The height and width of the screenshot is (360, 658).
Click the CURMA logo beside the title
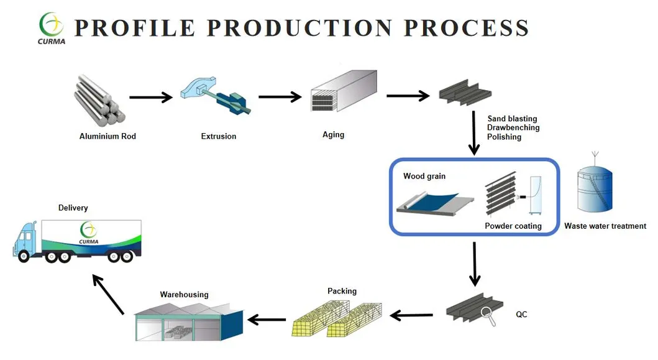tap(52, 27)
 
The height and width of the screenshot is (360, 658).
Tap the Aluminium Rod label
tap(107, 136)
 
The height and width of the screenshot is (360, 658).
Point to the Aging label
tap(333, 135)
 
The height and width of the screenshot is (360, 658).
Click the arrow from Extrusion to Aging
tap(280, 97)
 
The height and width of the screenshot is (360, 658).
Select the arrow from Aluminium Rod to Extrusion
tap(150, 97)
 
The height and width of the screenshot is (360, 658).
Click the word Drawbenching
tap(513, 127)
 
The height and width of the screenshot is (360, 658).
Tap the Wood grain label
tap(424, 176)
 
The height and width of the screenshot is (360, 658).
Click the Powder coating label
tap(513, 226)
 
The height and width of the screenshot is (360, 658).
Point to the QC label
tap(521, 315)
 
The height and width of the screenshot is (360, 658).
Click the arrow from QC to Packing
tap(411, 316)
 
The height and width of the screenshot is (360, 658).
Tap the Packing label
tap(342, 291)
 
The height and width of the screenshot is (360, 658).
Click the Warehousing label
tap(184, 295)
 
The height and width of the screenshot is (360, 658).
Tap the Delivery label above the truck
tap(73, 208)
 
